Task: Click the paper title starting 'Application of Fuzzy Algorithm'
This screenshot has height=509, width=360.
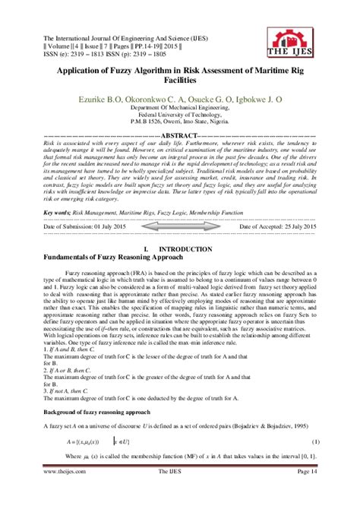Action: (x=179, y=74)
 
